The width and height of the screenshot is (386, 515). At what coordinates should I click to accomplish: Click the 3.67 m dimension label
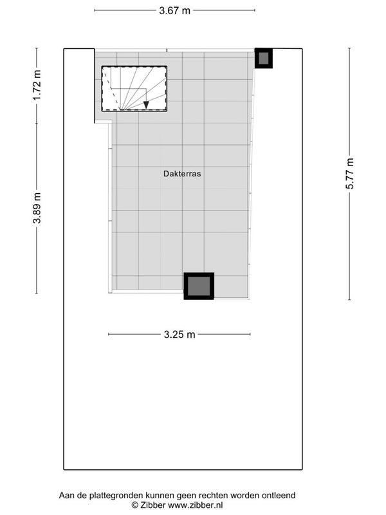coord(174,10)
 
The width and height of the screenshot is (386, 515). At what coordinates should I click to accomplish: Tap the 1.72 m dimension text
coord(37,86)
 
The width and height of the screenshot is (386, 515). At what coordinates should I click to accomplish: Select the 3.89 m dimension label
coord(37,208)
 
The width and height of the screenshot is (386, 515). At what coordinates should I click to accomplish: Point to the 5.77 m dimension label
coord(349,173)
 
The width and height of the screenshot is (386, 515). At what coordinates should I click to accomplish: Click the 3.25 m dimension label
coord(179,334)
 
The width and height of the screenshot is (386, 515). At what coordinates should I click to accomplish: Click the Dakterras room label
coord(182,173)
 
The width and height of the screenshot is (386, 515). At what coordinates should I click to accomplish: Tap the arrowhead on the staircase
coord(146,105)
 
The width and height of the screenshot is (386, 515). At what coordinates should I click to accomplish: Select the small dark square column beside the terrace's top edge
coord(264,59)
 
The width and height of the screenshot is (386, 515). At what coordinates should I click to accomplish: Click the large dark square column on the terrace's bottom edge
coord(199,286)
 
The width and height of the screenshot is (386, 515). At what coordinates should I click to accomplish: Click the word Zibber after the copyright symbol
coord(153,505)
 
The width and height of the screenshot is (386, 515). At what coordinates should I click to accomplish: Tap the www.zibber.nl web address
coord(196,505)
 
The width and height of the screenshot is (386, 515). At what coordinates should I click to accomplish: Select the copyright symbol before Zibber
coord(135,505)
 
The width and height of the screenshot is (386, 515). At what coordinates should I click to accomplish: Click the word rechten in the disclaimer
coord(216,495)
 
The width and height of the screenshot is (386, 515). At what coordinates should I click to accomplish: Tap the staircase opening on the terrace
coord(134,89)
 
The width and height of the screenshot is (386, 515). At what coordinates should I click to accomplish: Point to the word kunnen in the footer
coord(160,495)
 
